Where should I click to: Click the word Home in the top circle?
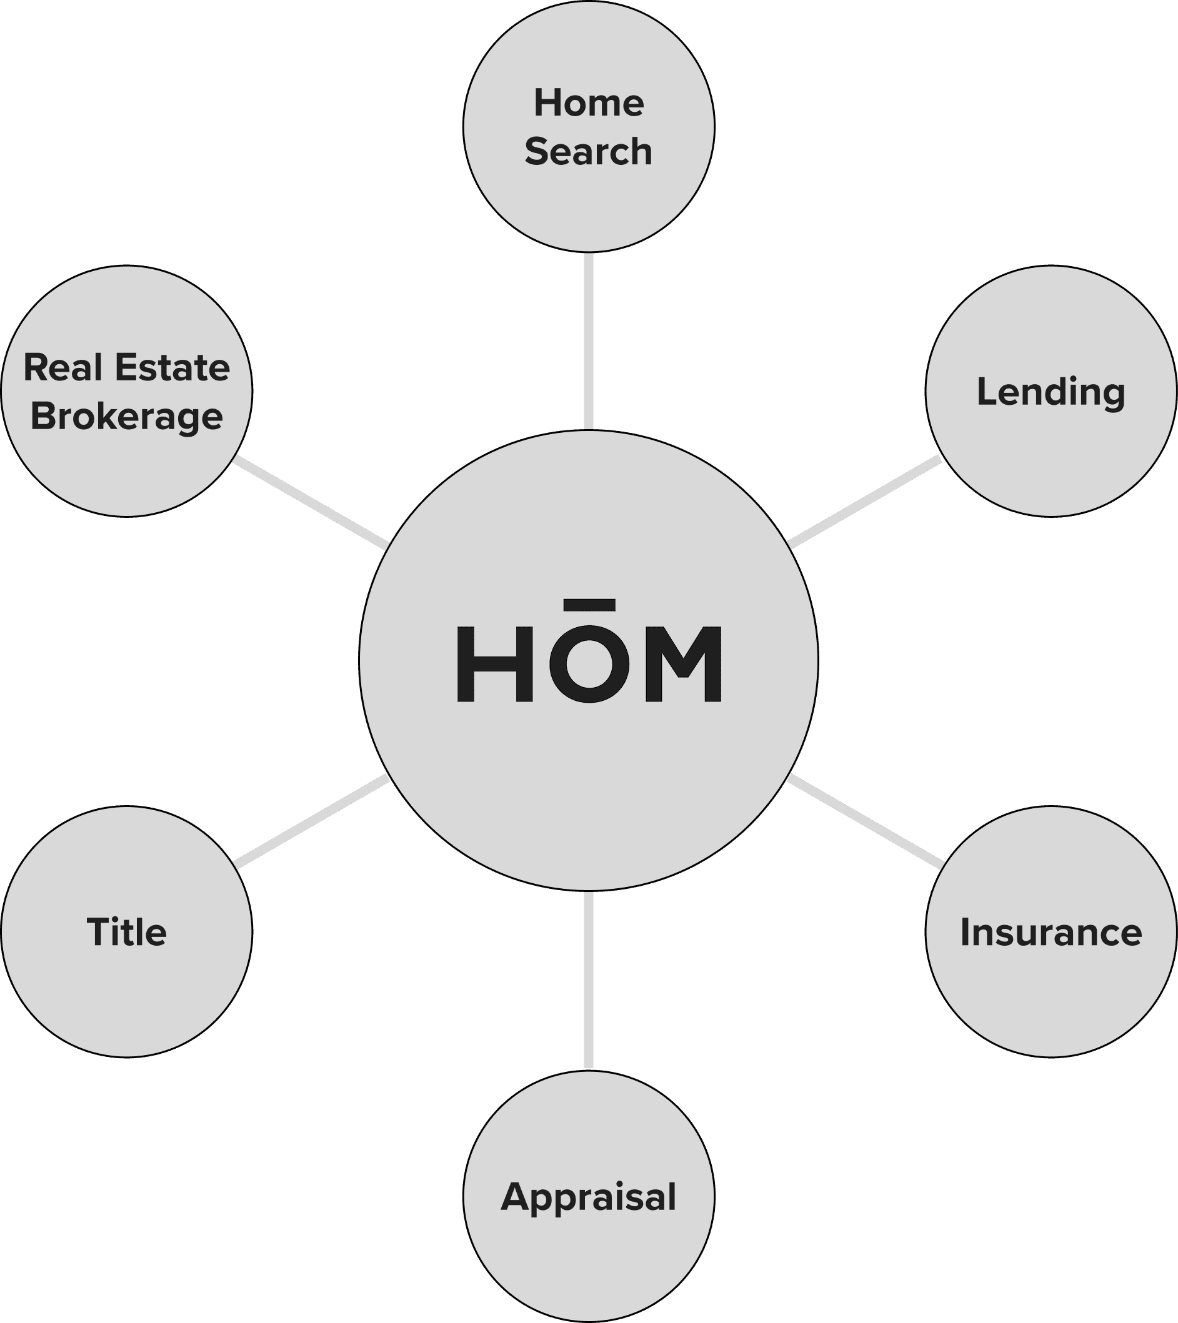tap(589, 104)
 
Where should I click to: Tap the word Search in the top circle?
tap(589, 152)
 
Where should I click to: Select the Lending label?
tap(1051, 392)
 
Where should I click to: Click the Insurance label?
tap(1051, 933)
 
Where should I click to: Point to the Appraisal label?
tap(589, 1197)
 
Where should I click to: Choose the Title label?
tap(127, 933)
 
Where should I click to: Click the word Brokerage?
tap(127, 416)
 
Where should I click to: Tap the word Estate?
tap(172, 368)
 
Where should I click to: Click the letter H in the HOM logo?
tap(495, 664)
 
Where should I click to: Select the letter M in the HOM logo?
tap(683, 664)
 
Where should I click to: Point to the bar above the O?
tap(589, 605)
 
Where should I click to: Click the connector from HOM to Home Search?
tap(589, 341)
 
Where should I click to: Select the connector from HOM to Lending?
tap(864, 502)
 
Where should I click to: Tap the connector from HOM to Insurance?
tap(864, 821)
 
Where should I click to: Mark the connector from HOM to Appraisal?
tap(589, 981)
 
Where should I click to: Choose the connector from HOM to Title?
tap(312, 821)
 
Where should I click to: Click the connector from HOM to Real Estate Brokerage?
tap(311, 502)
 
